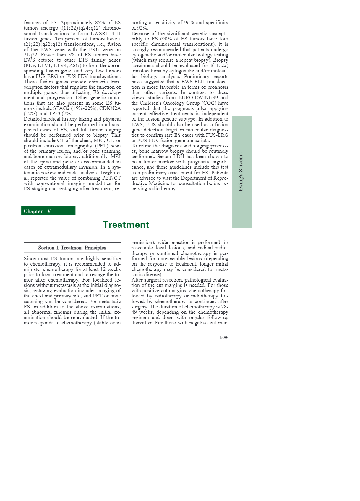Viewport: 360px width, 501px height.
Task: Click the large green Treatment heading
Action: (x=126, y=225)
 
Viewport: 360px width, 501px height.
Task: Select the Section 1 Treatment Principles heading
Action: (x=72, y=248)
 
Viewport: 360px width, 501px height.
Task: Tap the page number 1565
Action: (x=223, y=338)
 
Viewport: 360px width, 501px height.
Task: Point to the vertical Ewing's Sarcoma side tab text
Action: (x=241, y=172)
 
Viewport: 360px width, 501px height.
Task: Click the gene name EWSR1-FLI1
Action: (x=106, y=33)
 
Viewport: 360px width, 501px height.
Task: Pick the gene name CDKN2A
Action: (x=110, y=108)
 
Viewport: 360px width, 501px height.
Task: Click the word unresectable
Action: (x=174, y=259)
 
